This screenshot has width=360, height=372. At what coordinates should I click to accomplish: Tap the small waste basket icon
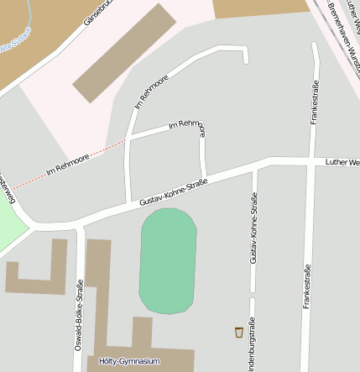239,332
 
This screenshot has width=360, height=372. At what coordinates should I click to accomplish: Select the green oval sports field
168,261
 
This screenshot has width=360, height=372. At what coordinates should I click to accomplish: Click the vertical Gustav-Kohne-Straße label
253,228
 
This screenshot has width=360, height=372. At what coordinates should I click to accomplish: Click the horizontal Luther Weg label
342,160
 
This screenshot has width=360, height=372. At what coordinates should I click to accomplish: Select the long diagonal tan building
124,52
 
